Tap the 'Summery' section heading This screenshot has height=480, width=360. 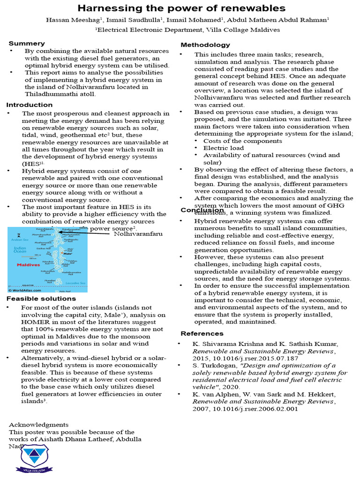coord(27,43)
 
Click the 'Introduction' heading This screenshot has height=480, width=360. coord(30,105)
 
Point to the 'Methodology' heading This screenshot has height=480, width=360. coord(205,45)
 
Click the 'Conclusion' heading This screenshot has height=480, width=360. coord(202,210)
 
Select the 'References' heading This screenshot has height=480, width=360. coord(202,333)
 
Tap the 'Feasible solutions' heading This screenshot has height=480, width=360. coord(41,298)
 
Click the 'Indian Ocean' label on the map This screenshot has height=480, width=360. coord(20,250)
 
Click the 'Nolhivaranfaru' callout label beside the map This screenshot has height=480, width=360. coord(138,233)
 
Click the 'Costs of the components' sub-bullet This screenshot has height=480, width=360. coord(242,141)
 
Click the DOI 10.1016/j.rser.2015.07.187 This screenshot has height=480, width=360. coord(247,358)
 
